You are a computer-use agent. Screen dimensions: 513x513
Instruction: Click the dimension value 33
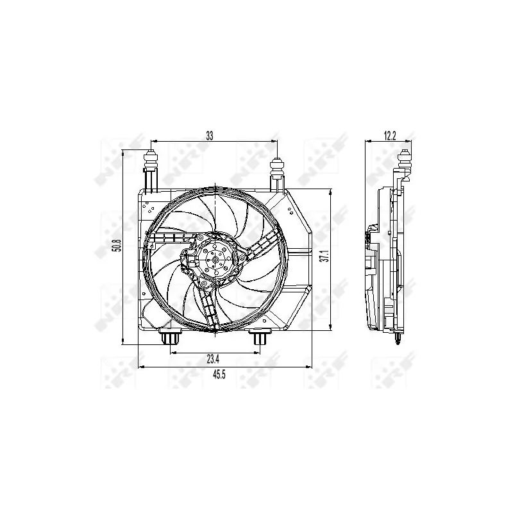(x=210, y=136)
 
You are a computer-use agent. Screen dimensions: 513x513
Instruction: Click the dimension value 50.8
(x=117, y=246)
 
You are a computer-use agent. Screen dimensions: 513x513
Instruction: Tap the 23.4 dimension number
(x=213, y=359)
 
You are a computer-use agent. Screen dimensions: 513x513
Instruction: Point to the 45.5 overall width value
(x=219, y=374)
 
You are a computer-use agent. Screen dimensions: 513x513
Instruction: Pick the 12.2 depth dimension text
(x=390, y=136)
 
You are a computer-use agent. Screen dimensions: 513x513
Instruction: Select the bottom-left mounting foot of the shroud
(x=170, y=337)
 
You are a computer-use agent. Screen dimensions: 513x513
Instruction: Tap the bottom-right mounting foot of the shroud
(x=260, y=337)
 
